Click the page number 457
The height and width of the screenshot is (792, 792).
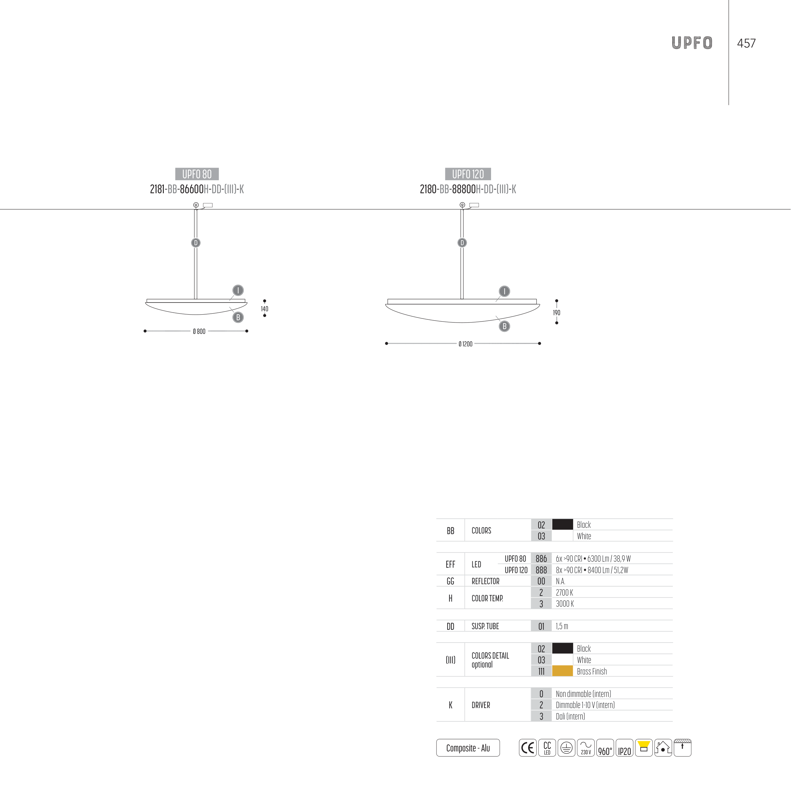(746, 43)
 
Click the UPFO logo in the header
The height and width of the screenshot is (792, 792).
(692, 43)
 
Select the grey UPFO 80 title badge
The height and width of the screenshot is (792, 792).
(197, 174)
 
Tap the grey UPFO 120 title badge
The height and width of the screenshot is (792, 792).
(468, 174)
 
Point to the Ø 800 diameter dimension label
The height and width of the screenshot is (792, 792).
(199, 332)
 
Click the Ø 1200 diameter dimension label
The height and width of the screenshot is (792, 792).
(465, 344)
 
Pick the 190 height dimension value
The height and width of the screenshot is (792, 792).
(556, 313)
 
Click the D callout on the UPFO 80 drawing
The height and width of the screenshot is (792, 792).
(196, 243)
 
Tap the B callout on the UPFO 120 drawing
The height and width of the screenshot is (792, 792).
(504, 326)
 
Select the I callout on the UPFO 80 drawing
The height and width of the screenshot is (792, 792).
(238, 291)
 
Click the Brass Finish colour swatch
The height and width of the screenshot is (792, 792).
(562, 671)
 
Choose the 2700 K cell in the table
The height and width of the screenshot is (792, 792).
(565, 592)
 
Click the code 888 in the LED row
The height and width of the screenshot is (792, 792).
(541, 570)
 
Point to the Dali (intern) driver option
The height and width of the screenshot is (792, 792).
(570, 716)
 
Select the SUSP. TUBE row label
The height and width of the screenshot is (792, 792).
(485, 626)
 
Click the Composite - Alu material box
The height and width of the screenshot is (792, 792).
(468, 748)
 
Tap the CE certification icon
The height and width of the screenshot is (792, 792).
(527, 748)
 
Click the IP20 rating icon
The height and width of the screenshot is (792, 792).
(624, 748)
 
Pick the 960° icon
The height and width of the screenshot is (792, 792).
(605, 748)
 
